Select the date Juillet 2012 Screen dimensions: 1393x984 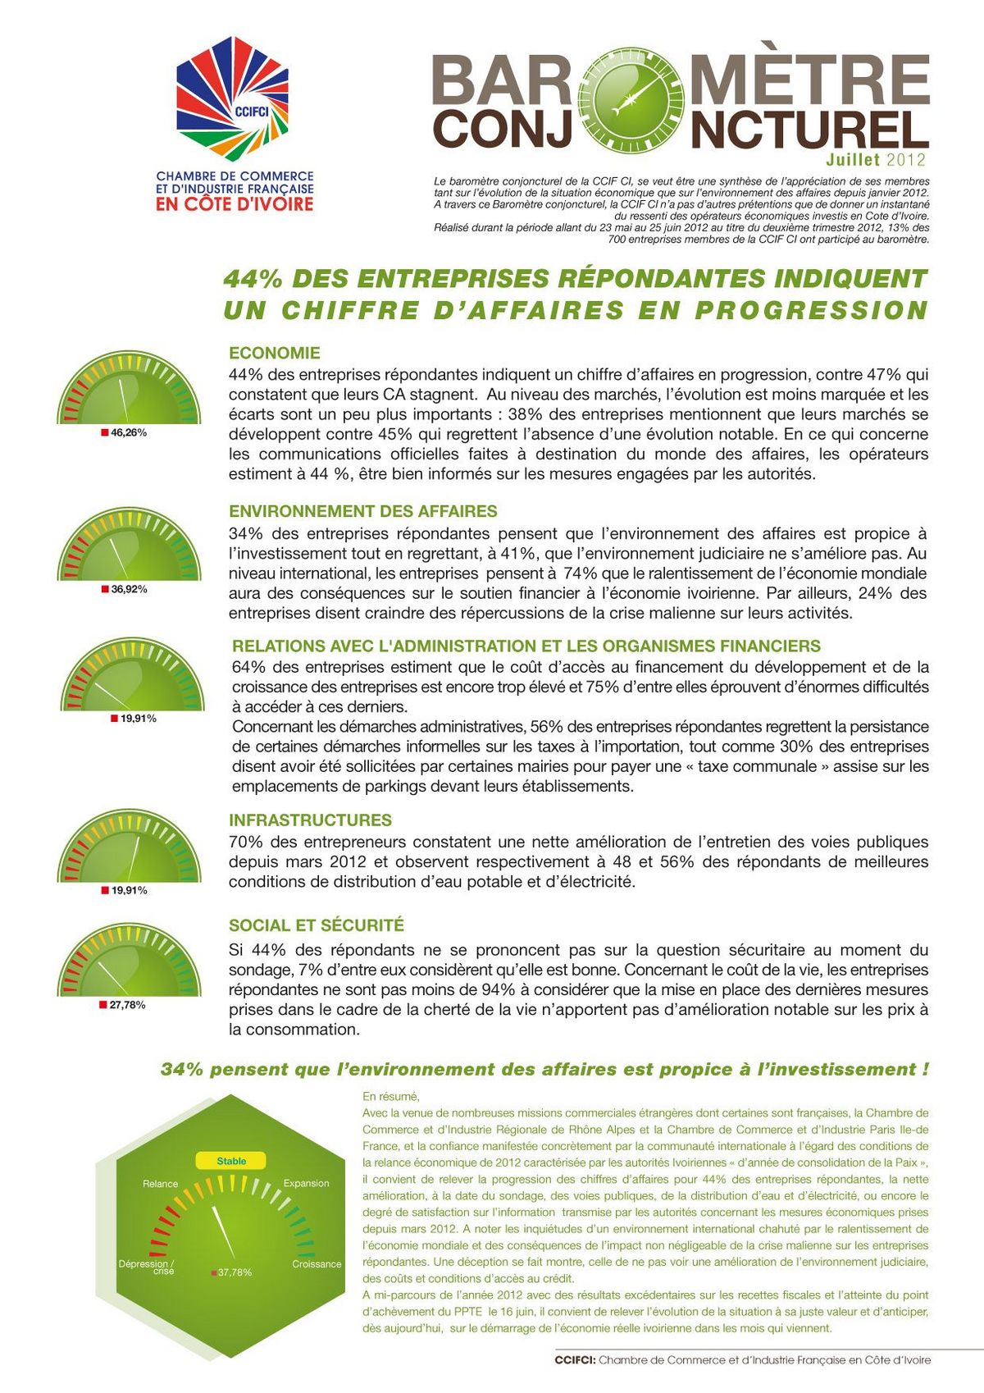(876, 160)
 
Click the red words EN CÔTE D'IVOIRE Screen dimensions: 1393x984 (235, 203)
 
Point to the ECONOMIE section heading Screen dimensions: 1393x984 (275, 354)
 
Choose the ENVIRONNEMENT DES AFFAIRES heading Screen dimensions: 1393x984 (363, 512)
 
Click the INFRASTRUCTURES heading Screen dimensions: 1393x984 (310, 820)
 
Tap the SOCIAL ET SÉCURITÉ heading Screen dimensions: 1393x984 (317, 925)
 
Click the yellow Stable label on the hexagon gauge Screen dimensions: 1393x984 (231, 1161)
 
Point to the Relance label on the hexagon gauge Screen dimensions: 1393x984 (160, 1184)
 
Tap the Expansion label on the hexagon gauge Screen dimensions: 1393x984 (306, 1183)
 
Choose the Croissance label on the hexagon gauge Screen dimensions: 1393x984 (317, 1264)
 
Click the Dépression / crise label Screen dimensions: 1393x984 (146, 1267)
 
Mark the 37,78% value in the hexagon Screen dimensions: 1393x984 (235, 1272)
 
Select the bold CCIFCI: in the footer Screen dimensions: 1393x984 (575, 1360)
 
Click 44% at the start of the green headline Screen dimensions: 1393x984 (253, 279)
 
